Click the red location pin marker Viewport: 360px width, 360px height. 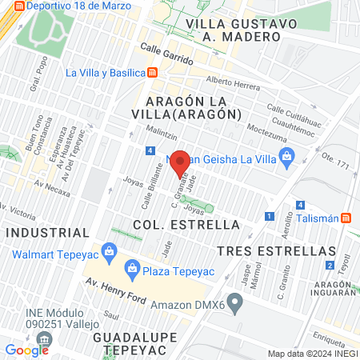click(x=181, y=162)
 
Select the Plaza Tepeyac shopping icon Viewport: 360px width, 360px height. click(x=132, y=266)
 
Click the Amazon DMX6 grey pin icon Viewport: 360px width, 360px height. click(x=234, y=302)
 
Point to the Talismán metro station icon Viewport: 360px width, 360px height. click(x=346, y=218)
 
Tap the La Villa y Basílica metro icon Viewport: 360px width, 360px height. click(x=153, y=73)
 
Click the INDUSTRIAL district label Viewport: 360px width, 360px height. click(x=48, y=232)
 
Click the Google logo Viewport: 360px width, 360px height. click(x=26, y=350)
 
